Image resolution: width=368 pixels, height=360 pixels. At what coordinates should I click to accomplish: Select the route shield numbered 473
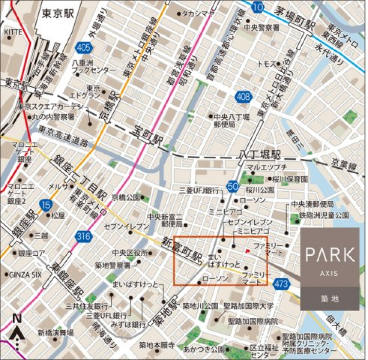[281, 284]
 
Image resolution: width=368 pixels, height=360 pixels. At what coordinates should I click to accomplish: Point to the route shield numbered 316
[84, 237]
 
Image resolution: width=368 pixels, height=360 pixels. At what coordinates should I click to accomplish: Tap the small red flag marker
[248, 252]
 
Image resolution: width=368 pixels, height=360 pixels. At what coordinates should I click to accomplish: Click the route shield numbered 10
[258, 7]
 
